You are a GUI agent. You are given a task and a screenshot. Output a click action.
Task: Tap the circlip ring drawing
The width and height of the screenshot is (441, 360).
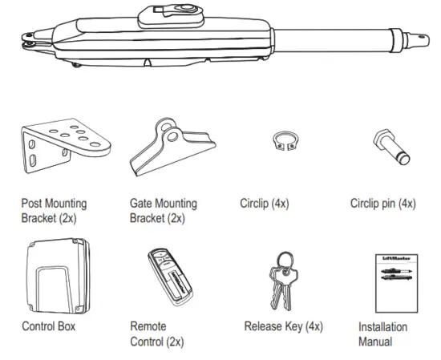(x=279, y=141)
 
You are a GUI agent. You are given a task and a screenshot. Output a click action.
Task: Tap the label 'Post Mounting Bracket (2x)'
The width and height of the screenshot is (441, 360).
(x=54, y=211)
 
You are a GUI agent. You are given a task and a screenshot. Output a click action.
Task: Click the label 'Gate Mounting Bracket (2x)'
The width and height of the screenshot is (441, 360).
(x=163, y=211)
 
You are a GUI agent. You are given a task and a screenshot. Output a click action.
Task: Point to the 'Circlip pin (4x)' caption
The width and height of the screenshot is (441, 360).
(x=383, y=204)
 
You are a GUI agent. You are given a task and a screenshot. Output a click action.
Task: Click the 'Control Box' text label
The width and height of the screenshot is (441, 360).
(x=47, y=327)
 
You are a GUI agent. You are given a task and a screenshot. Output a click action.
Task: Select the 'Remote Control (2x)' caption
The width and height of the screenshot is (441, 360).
(x=157, y=334)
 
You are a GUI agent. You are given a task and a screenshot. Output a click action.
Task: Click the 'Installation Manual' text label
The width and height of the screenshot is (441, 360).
(x=382, y=334)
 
